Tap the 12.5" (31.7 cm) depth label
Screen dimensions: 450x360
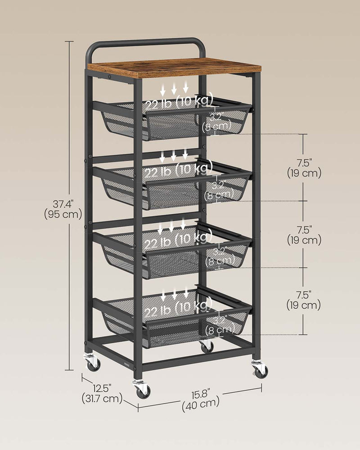coord(102,392)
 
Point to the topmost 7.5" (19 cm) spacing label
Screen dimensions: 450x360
coord(304,167)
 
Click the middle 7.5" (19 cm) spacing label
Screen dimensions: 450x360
coord(304,234)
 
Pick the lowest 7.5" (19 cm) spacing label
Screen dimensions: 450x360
coord(304,300)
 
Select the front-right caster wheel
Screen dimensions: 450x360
coord(261,370)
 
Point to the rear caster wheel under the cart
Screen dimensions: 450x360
coord(207,346)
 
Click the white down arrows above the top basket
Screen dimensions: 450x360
coord(174,87)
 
